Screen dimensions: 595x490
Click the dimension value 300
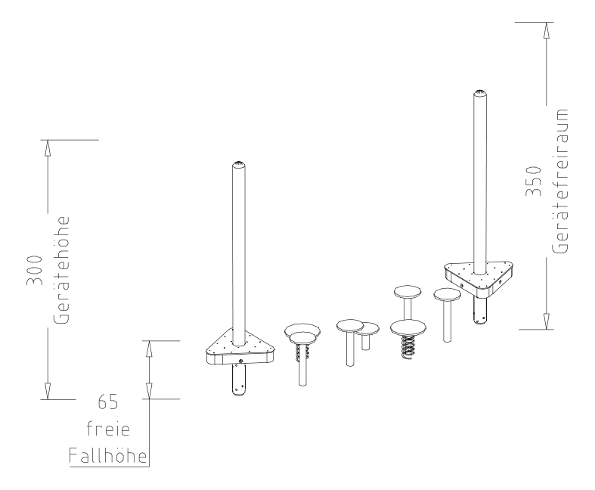35,270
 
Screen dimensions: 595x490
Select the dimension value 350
533,181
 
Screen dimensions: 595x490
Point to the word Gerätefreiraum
560,181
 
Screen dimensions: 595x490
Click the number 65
108,402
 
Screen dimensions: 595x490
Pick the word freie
108,429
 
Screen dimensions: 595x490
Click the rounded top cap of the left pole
238,164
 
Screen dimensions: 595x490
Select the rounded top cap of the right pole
479,93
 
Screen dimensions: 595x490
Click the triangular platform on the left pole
240,346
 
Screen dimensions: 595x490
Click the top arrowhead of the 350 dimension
546,30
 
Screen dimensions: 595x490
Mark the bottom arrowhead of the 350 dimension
546,321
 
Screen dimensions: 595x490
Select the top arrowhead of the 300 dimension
48,148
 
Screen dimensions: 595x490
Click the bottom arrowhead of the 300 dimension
48,391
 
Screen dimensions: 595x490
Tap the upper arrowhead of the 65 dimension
149,349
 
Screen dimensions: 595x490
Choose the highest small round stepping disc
408,292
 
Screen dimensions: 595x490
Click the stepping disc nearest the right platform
448,295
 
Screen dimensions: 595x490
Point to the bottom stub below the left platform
239,380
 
